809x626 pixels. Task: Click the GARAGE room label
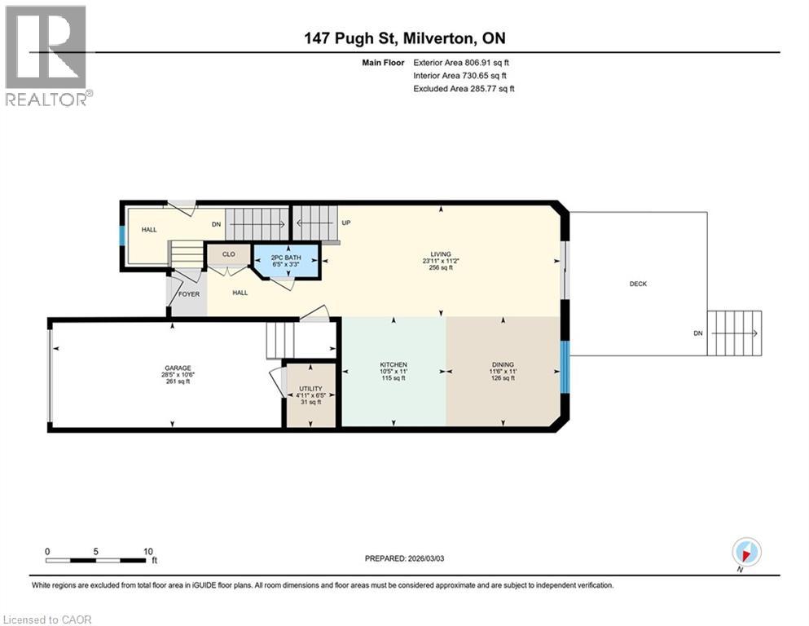pos(177,368)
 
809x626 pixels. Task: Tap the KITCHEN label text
pos(394,364)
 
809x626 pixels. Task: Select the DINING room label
pos(503,364)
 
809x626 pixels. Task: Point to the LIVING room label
pos(442,254)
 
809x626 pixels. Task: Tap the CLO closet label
pos(229,254)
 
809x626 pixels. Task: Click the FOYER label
pos(189,294)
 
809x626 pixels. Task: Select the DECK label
pos(638,284)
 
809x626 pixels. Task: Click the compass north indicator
pos(745,552)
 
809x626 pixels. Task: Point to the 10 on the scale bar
pos(148,551)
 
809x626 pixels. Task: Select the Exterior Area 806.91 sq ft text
pos(463,63)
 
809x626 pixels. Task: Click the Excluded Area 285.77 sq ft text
pos(464,88)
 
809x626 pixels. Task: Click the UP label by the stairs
pos(345,223)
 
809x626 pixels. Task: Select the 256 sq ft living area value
pos(441,267)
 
